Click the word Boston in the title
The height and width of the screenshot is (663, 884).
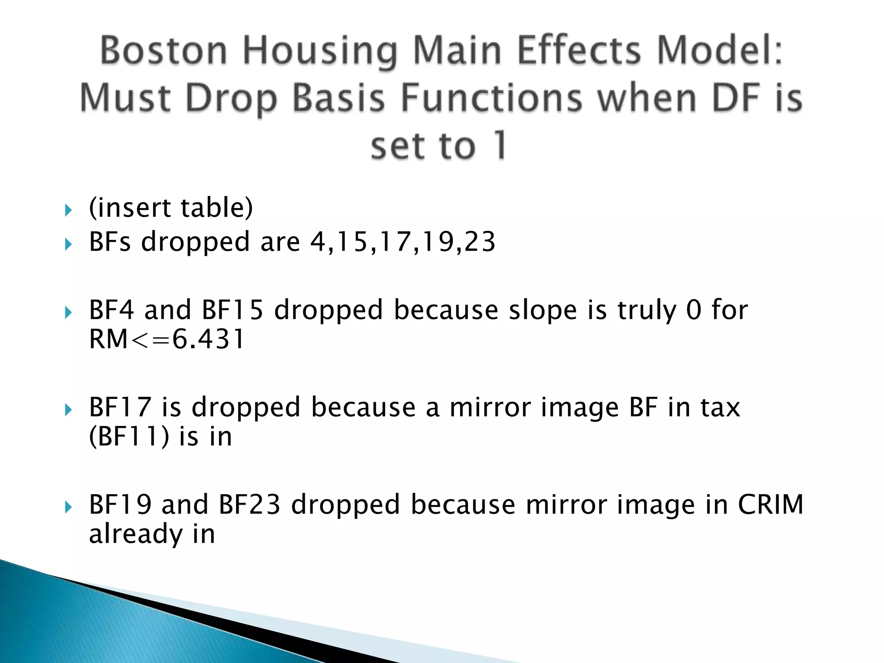[164, 51]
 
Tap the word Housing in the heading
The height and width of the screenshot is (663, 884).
[319, 51]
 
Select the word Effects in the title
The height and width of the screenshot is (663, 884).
[578, 51]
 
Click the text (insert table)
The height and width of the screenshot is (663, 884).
[171, 208]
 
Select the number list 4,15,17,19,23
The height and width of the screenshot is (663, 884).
[403, 242]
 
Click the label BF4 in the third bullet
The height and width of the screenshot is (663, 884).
[111, 310]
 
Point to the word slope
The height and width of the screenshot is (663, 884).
[543, 310]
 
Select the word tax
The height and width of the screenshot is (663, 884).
[720, 407]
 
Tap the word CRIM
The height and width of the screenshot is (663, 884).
[770, 504]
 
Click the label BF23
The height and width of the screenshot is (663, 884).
[249, 504]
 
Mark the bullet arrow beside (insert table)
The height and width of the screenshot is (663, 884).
[68, 210]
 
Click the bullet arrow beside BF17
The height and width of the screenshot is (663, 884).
[68, 410]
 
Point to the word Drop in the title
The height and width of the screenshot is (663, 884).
[230, 99]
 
